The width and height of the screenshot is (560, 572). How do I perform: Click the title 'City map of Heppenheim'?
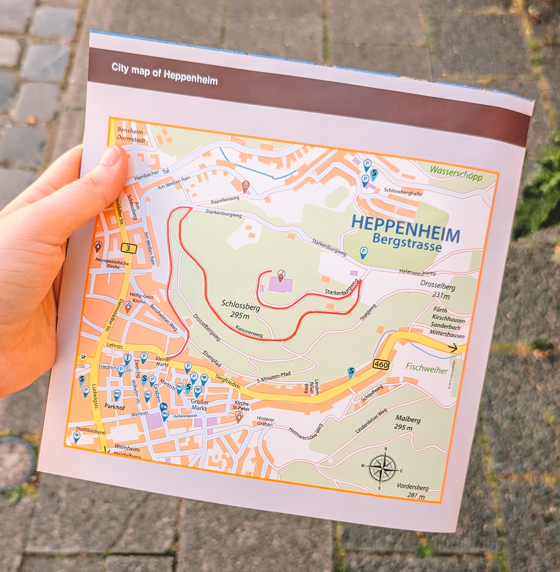(164, 74)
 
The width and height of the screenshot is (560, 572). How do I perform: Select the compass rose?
(382, 468)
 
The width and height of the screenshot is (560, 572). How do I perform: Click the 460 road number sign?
(381, 364)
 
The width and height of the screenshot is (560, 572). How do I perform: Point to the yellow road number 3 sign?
(127, 248)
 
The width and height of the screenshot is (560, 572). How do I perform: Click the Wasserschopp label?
(456, 173)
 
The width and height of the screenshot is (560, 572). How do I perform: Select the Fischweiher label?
(426, 368)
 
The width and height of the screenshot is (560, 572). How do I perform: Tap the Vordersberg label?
(413, 491)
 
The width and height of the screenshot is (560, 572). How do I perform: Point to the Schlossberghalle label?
(403, 192)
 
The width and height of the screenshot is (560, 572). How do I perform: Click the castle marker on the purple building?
(281, 275)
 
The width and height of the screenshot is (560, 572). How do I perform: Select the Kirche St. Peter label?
(242, 405)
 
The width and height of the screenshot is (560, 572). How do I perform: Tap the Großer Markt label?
(200, 405)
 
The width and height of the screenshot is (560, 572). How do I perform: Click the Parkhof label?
(115, 407)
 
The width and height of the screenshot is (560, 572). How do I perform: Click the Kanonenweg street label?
(249, 331)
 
